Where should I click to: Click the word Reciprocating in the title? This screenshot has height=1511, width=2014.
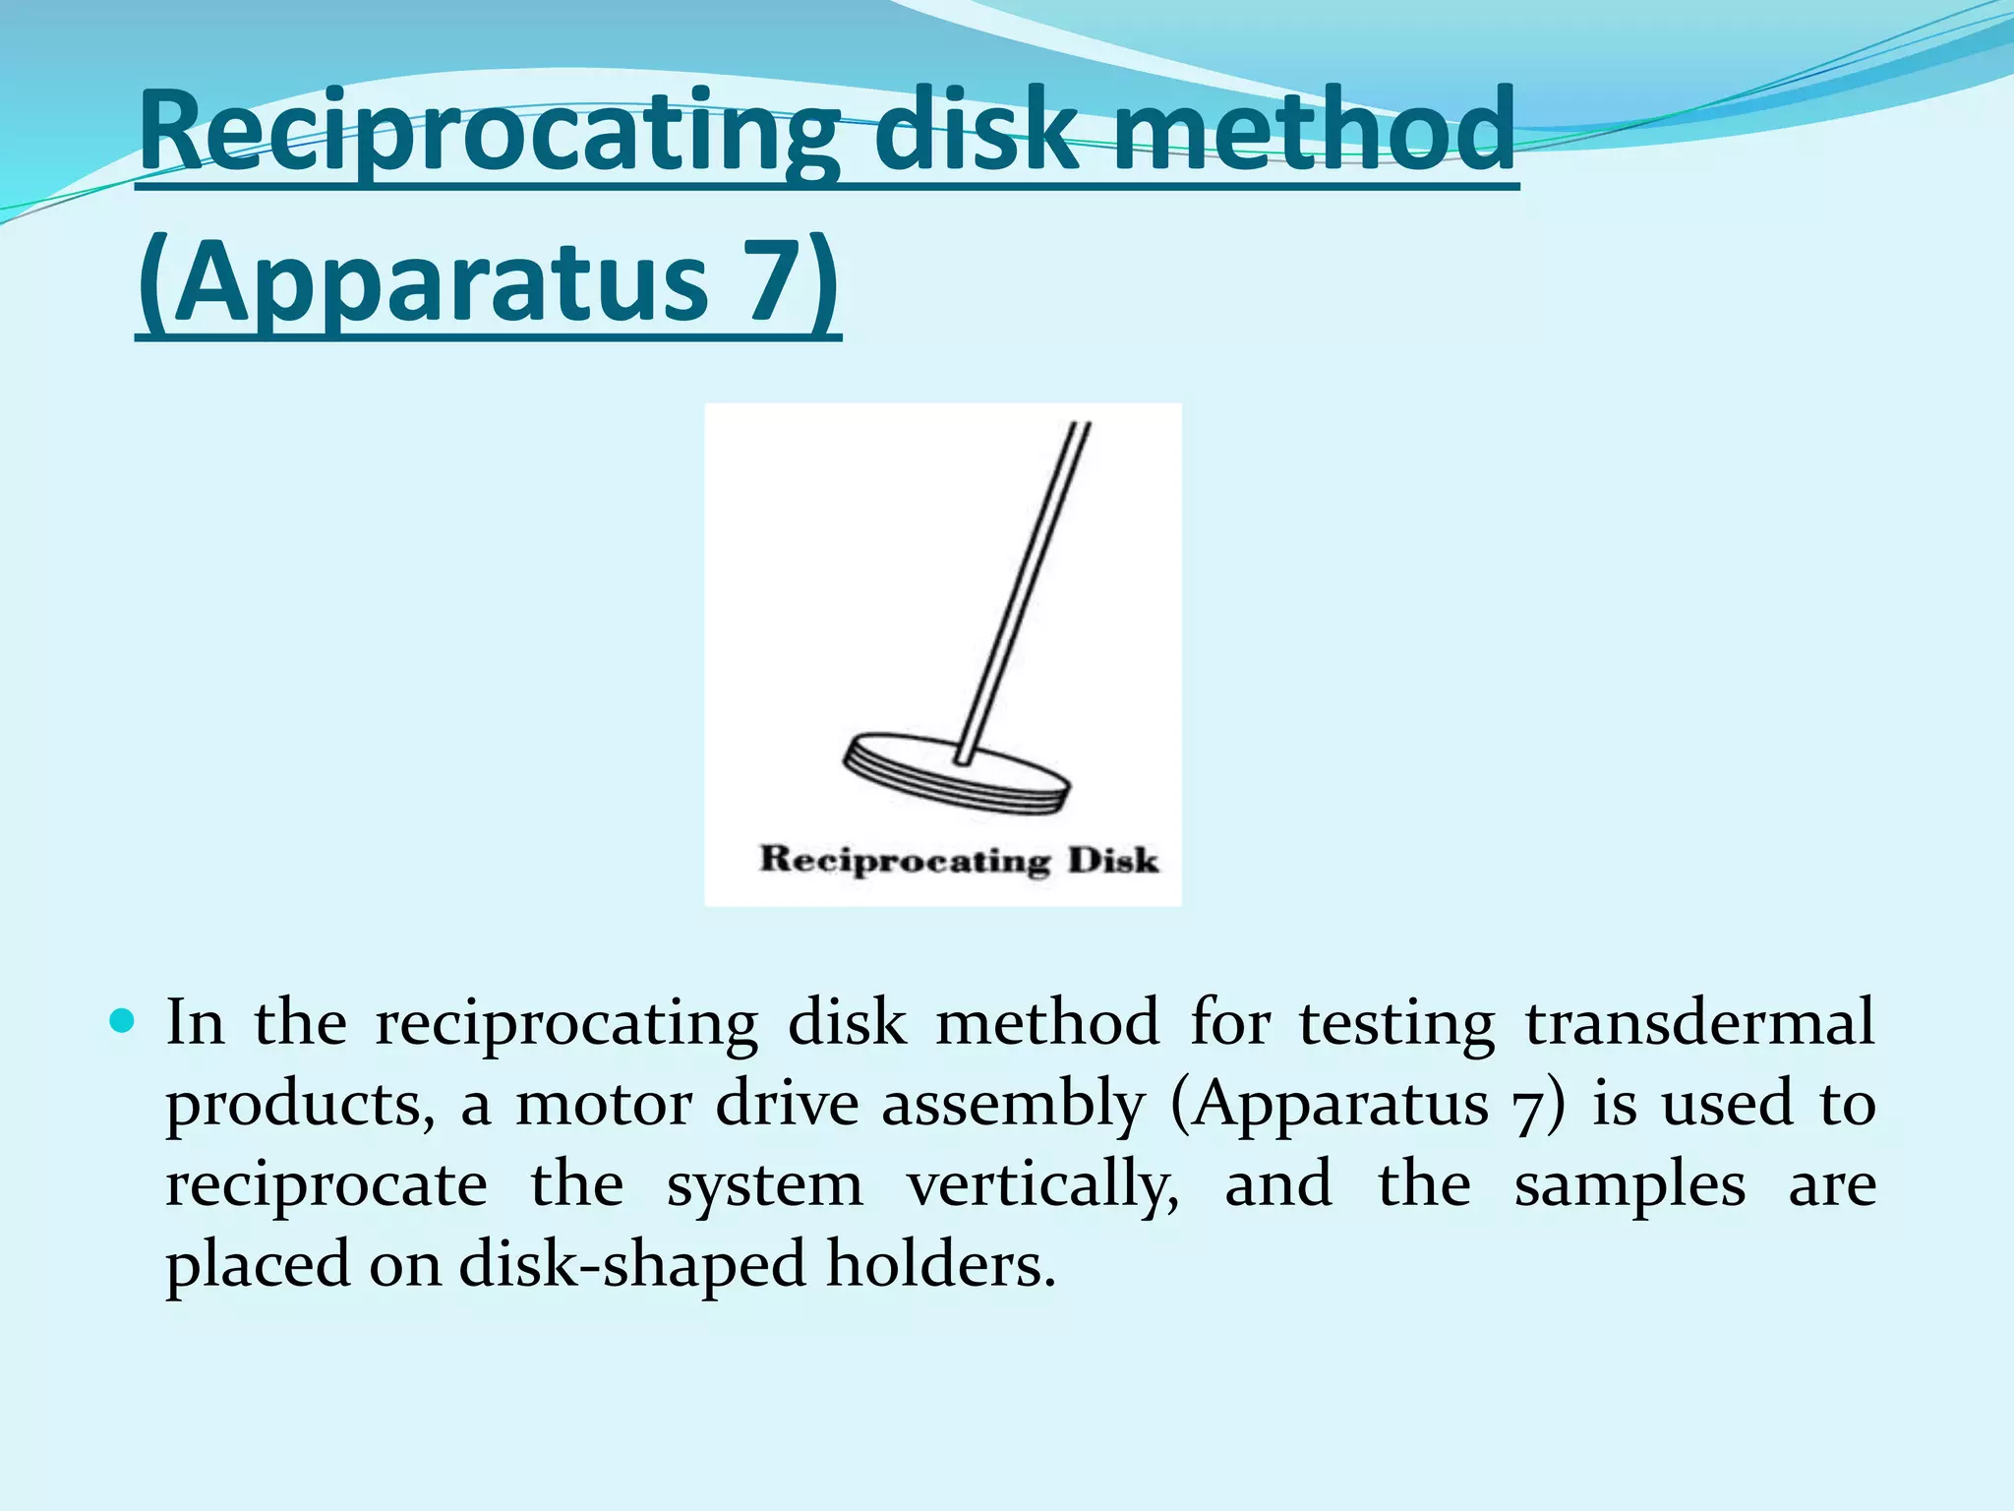point(488,133)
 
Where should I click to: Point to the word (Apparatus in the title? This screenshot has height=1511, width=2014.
point(423,285)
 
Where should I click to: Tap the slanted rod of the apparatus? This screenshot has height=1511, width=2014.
point(1023,590)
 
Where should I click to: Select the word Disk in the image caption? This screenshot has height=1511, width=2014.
point(1113,860)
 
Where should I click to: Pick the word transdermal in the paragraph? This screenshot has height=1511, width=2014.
point(1699,1023)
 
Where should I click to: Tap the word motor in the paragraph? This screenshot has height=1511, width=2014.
point(604,1104)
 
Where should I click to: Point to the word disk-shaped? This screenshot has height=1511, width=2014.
point(633,1265)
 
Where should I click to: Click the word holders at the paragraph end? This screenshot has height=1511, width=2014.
point(940,1263)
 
